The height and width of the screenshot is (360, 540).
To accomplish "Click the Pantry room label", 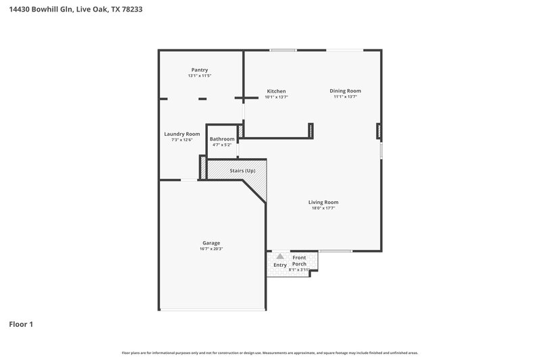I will [199, 70].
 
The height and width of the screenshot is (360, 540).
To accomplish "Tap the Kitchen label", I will [276, 91].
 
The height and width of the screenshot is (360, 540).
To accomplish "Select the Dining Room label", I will [345, 91].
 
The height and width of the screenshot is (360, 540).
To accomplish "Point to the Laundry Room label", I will [182, 134].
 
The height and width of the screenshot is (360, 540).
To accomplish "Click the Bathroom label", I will [222, 139].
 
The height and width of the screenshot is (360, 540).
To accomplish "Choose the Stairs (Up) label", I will [242, 170].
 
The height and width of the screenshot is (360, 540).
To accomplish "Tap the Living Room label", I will [323, 202].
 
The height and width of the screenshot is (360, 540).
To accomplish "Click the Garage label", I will [211, 242].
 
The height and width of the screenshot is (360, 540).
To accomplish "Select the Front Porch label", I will [299, 261].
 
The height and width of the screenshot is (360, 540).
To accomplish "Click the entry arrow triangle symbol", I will [280, 256].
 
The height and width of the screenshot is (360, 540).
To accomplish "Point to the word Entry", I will [279, 265].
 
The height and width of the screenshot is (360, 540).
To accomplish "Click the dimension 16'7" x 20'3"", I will [211, 249].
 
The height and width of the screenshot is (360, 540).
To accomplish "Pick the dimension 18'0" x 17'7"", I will [323, 208].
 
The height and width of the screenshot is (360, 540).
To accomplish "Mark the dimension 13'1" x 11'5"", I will [199, 76].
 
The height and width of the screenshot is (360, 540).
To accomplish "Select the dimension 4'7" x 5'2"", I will [222, 145].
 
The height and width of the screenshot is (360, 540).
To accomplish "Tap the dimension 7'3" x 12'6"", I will [182, 140].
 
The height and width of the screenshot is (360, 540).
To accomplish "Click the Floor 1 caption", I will [21, 325].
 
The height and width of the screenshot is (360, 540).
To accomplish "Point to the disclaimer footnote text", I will [270, 353].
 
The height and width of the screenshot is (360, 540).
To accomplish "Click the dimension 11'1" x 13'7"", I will [345, 97].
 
